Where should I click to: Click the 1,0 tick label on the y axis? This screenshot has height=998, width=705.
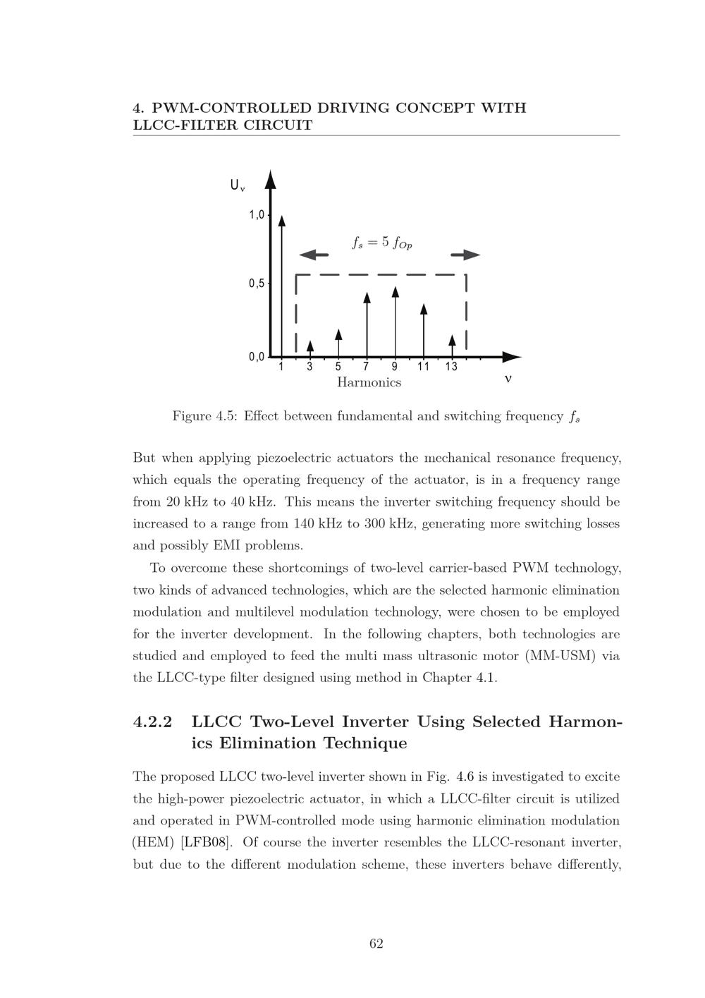pyautogui.click(x=256, y=215)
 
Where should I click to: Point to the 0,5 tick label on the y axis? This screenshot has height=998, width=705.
pyautogui.click(x=256, y=284)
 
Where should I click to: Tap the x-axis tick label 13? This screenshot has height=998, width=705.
pyautogui.click(x=451, y=367)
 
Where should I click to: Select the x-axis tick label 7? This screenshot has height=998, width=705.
pyautogui.click(x=366, y=367)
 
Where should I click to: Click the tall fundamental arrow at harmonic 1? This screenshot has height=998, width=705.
pyautogui.click(x=282, y=282)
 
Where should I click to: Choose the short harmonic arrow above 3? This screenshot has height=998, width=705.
pyautogui.click(x=310, y=348)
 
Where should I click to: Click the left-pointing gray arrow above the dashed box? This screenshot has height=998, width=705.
pyautogui.click(x=314, y=255)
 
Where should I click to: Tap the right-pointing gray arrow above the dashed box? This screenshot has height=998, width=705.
pyautogui.click(x=465, y=255)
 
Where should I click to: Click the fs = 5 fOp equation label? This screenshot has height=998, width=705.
pyautogui.click(x=381, y=243)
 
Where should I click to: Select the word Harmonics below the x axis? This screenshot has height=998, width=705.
pyautogui.click(x=369, y=382)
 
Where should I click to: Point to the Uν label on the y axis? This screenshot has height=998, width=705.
pyautogui.click(x=238, y=185)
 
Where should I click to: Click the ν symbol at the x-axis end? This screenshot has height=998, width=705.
pyautogui.click(x=508, y=379)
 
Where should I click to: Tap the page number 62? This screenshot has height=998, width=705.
pyautogui.click(x=376, y=944)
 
